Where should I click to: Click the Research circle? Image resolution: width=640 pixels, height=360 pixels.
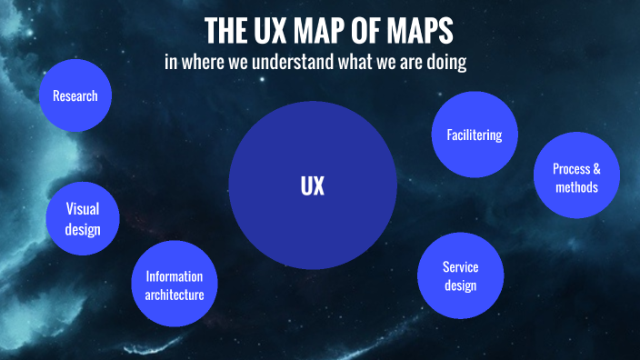pyautogui.click(x=75, y=95)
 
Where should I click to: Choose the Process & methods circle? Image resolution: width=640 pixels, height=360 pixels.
pyautogui.click(x=575, y=178)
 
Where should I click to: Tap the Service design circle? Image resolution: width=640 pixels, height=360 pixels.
pyautogui.click(x=460, y=275)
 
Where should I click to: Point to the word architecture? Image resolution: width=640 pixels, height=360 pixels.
pyautogui.click(x=175, y=295)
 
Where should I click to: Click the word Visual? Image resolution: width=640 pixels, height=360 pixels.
pyautogui.click(x=83, y=208)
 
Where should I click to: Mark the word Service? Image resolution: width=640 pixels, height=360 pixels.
pyautogui.click(x=460, y=266)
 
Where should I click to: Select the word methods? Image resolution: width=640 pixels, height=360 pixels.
pyautogui.click(x=575, y=187)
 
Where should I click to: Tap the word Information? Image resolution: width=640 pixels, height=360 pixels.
pyautogui.click(x=175, y=276)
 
